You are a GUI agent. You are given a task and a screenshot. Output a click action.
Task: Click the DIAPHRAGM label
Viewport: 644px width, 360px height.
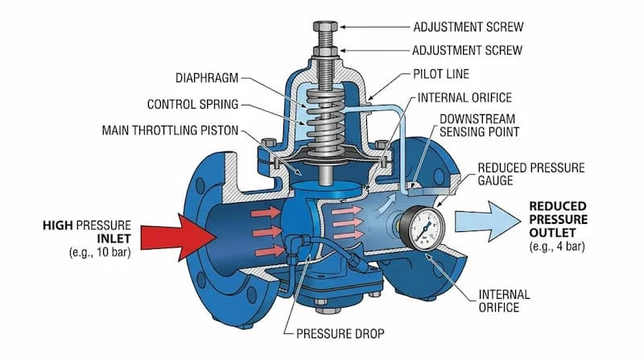tap(205, 78)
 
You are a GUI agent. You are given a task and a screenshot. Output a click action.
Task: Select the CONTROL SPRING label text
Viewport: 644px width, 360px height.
tap(193, 104)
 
